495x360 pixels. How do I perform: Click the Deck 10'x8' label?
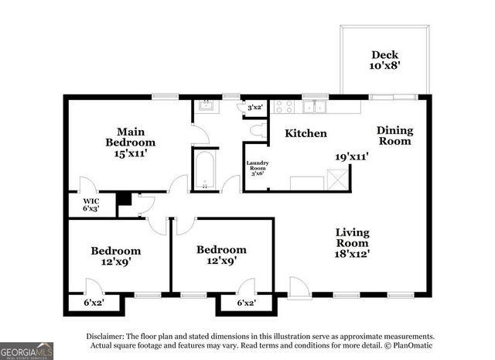click(x=384, y=60)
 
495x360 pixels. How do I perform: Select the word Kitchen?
click(x=306, y=133)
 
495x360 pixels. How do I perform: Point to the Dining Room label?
click(x=394, y=135)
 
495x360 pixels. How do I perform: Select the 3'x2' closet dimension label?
click(x=254, y=108)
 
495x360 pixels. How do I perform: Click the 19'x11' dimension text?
click(x=351, y=156)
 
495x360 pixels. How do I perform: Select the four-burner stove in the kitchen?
click(x=284, y=108)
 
